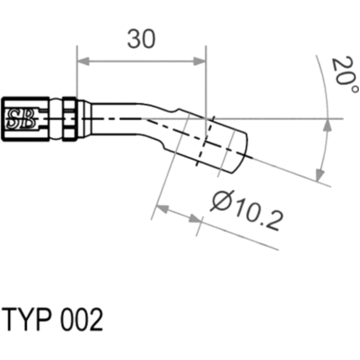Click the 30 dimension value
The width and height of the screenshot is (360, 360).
coord(141,39)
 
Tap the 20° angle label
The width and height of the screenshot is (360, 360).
coord(344,74)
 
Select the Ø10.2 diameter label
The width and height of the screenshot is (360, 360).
coord(247,210)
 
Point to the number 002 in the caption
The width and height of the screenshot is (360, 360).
coord(81,320)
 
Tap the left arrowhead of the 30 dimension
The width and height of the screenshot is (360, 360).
coord(83,61)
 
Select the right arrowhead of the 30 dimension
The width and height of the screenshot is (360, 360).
coord(200,61)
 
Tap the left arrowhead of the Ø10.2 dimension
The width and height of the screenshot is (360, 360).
coord(162,208)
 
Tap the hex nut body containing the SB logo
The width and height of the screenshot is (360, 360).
coord(25,119)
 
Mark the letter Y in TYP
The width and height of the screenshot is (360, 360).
coord(26,320)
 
